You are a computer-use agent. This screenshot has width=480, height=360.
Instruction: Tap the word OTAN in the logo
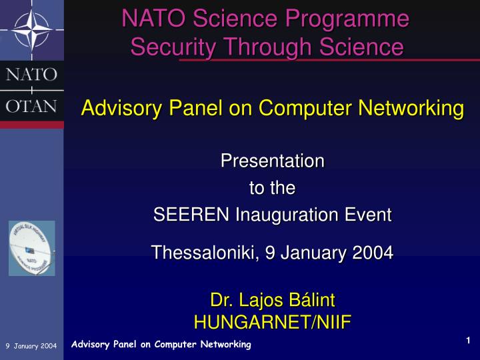point(31,106)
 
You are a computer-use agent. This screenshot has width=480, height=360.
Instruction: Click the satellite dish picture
point(32,248)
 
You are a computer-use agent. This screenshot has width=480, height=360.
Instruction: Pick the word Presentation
point(272,161)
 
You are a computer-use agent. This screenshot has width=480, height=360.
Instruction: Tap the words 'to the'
point(272,188)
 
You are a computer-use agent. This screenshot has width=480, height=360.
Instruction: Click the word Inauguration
point(290,215)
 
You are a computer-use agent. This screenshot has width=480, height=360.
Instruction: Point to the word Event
point(369,215)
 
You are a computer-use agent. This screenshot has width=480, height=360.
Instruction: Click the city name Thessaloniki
point(203,253)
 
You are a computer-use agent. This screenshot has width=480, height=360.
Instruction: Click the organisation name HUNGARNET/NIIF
point(272,323)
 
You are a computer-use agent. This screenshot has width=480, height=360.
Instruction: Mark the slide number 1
point(469,341)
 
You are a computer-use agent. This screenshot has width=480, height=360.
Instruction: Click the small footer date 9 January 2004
point(31,345)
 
